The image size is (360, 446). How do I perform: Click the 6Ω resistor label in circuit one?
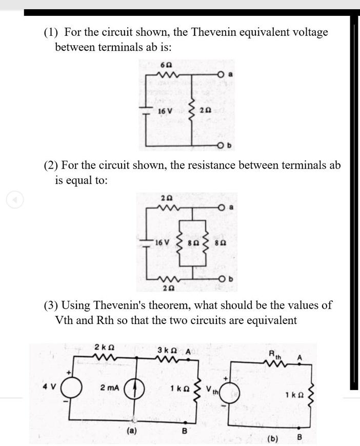point(165,65)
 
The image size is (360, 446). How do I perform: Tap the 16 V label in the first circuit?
point(165,111)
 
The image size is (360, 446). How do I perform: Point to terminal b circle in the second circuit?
point(224,279)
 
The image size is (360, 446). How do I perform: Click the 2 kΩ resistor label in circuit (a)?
point(105,347)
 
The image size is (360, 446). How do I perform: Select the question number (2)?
point(51,166)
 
